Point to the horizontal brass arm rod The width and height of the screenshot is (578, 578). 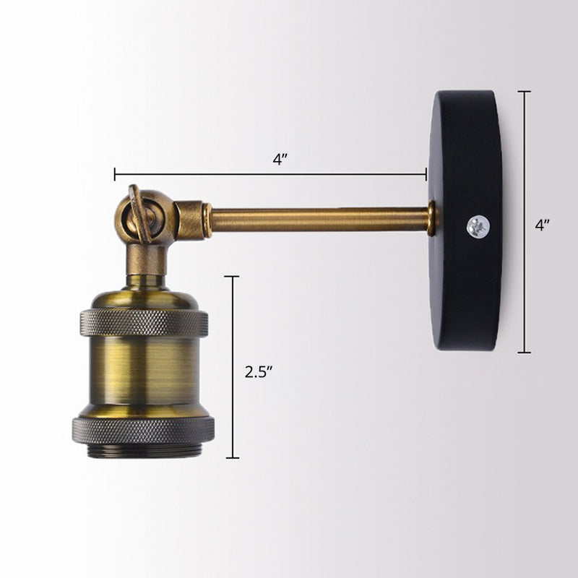[318, 220]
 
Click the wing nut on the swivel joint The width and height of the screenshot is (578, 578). [137, 210]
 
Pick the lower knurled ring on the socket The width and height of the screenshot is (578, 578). [143, 429]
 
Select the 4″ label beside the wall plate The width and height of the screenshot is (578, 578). [543, 225]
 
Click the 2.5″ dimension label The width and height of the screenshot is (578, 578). [257, 373]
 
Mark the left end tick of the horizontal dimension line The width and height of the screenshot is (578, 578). [115, 174]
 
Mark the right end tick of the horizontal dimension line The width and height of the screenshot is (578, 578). [426, 174]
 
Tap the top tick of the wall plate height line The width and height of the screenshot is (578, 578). [525, 92]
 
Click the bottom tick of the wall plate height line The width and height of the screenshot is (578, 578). [525, 353]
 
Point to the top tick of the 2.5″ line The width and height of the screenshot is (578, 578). [232, 276]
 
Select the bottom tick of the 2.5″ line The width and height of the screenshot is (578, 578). [232, 457]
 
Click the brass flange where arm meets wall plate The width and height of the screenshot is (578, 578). [431, 219]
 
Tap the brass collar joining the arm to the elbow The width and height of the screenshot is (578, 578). [206, 220]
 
